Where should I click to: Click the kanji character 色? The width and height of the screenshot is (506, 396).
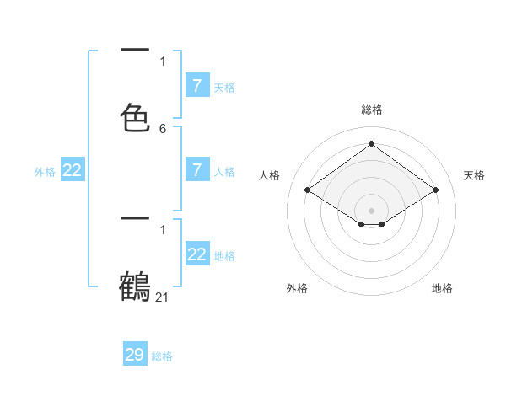[x=135, y=117]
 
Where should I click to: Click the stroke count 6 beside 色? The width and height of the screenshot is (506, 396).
[x=163, y=129]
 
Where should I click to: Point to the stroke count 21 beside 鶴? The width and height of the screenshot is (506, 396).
[x=163, y=297]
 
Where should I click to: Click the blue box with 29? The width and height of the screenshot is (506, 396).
[x=135, y=355]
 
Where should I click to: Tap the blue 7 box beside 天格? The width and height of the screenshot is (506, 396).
[x=196, y=85]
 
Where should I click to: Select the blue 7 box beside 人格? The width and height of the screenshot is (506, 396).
[x=196, y=170]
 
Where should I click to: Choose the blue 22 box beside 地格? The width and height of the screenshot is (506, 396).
[x=196, y=254]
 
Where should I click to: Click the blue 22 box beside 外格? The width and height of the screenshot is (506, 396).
[x=73, y=170]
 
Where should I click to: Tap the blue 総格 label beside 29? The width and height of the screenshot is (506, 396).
[x=162, y=356]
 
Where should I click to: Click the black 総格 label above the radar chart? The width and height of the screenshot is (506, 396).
[x=371, y=110]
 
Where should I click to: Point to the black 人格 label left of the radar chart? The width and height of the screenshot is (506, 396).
[x=270, y=175]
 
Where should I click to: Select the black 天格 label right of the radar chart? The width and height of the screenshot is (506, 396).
[x=474, y=175]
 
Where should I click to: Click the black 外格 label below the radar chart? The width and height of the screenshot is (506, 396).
[x=297, y=288]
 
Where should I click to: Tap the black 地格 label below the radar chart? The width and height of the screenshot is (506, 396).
[x=442, y=288]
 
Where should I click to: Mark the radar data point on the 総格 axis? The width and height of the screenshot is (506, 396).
[x=371, y=143]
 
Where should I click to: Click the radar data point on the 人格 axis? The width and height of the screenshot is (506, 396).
[x=308, y=190]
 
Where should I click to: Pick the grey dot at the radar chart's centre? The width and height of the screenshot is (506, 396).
[x=371, y=210]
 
